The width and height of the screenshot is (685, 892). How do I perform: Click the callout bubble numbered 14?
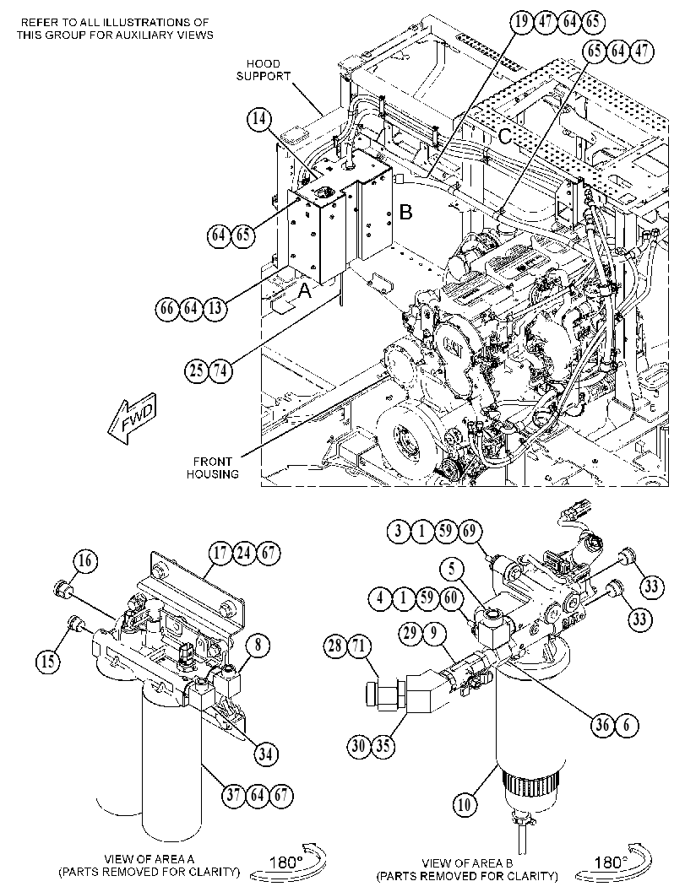(x=259, y=120)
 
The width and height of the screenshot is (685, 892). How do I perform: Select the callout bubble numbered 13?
(x=215, y=308)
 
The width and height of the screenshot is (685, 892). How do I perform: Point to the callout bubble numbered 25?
(x=197, y=371)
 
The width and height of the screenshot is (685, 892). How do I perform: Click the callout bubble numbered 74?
(x=220, y=371)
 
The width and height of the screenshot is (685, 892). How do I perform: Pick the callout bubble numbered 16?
(x=84, y=561)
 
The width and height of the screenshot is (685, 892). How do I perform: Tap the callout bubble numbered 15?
(x=49, y=661)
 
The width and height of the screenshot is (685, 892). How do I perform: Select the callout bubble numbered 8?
(x=258, y=646)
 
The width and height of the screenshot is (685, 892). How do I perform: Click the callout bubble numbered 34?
(x=265, y=754)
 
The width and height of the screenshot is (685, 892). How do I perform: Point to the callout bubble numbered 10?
(x=465, y=804)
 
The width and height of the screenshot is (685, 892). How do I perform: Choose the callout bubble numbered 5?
(x=452, y=569)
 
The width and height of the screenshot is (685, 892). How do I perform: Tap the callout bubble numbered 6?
(x=627, y=725)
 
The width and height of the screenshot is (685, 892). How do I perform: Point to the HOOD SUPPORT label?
(x=264, y=70)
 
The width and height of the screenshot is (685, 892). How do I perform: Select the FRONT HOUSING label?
(x=212, y=468)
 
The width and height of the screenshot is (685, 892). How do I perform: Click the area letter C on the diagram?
(x=505, y=137)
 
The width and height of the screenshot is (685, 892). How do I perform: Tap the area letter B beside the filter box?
(x=406, y=212)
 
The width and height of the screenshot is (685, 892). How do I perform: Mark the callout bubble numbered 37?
(x=233, y=794)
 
